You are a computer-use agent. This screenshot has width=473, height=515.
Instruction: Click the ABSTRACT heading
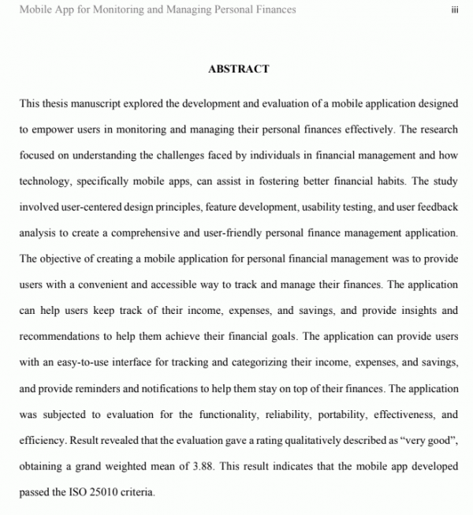pos(238,69)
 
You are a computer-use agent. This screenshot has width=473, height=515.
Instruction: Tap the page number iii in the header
pos(455,10)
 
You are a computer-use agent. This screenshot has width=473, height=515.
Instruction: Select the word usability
pos(302,207)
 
